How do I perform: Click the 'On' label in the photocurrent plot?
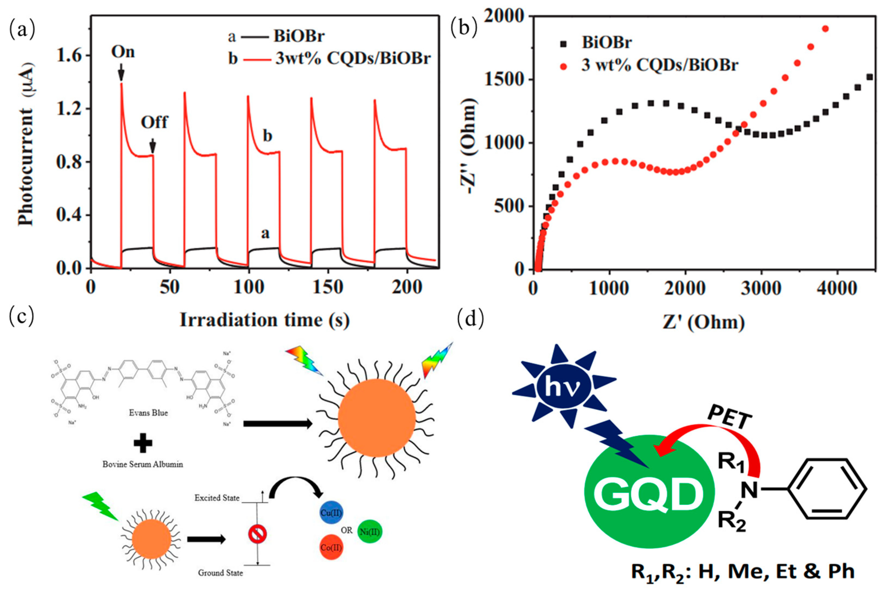[x=123, y=52]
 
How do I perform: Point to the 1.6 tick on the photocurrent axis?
[x=69, y=56]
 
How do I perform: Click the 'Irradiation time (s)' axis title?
[x=264, y=320]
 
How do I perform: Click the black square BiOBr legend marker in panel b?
[x=563, y=44]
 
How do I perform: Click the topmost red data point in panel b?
[x=825, y=29]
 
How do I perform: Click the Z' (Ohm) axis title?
[x=703, y=323]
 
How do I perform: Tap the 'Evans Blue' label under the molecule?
[x=148, y=413]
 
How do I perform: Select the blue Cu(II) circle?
[x=331, y=513]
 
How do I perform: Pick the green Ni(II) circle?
[x=370, y=532]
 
